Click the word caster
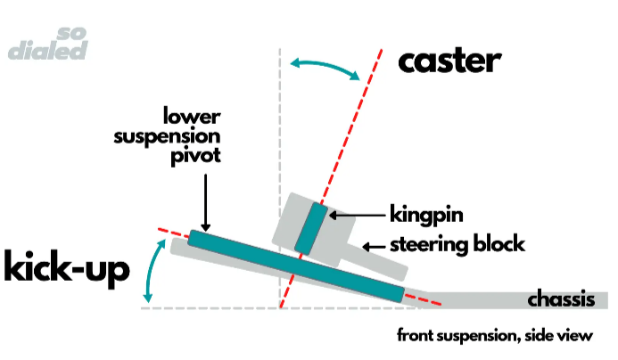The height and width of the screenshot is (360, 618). pos(449,61)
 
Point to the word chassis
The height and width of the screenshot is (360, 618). pos(561,299)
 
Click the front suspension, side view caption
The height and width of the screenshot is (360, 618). pos(495,336)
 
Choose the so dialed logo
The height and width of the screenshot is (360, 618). pos(50,43)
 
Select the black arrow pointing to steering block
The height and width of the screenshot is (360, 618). pos(377,244)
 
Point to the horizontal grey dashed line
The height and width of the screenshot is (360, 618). pos(214,307)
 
